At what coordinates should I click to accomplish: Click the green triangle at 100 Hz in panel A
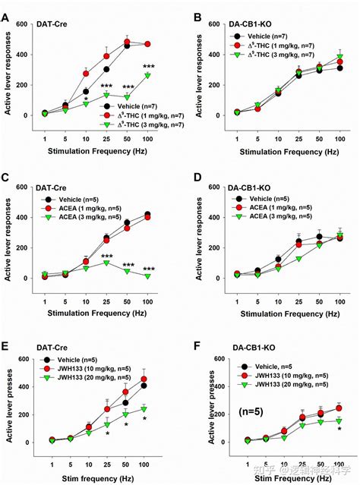[x=147, y=76]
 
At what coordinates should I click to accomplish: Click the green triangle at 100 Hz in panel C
[x=147, y=276]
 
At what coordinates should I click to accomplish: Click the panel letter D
[x=197, y=180]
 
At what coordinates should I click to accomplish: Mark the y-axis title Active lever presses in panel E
[x=8, y=401]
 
